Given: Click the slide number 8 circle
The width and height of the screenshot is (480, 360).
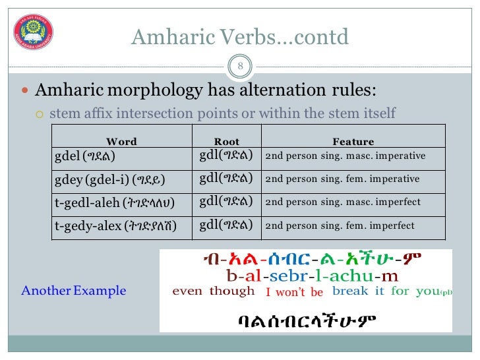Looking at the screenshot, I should coord(239,66).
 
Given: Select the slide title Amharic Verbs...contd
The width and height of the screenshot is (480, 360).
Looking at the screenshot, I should coord(239,38).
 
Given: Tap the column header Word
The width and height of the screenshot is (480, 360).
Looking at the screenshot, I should coord(121,141).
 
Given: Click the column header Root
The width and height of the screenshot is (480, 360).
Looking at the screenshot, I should coord(227,141).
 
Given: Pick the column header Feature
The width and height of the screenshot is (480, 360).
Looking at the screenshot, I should coord(353,141).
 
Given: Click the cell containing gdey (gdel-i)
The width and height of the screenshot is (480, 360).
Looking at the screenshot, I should coord(109,179).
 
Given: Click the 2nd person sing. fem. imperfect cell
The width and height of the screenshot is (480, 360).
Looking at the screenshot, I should coord(340,225).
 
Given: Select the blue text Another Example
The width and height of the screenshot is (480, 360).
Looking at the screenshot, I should coord(73,290).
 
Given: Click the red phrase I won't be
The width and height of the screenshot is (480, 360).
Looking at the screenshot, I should coord(294,292).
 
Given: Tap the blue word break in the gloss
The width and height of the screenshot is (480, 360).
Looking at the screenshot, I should coord(350,291).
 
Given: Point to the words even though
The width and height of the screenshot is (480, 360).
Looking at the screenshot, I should coord(213,291).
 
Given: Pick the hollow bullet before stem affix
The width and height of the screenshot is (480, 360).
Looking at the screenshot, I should coord(39,114).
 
